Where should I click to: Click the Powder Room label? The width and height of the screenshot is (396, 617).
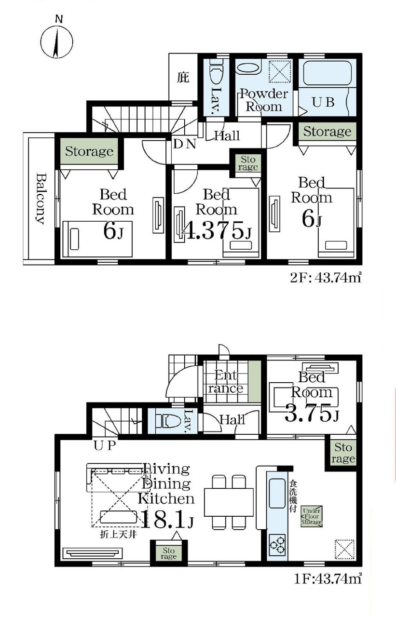264,100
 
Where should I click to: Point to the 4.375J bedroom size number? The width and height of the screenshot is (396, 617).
217,230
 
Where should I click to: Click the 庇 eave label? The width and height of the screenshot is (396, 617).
183,77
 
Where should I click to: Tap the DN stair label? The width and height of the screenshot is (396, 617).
185,144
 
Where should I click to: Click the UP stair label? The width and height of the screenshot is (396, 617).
105,445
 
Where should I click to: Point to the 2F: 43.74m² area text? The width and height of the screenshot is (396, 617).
326,278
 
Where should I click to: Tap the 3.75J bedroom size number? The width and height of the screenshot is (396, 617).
312,413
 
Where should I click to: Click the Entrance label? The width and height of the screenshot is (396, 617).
225,382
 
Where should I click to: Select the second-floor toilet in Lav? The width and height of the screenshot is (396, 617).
216,74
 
